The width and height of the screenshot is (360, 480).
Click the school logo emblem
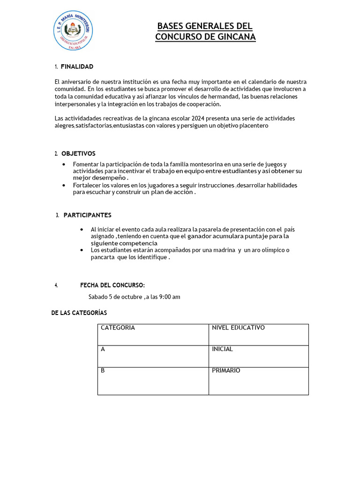[72, 31]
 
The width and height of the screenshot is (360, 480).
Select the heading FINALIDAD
[77, 67]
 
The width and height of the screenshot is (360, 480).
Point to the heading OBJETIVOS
[78, 153]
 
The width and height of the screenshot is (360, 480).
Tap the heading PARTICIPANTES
[87, 215]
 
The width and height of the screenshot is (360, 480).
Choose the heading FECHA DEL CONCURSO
[112, 285]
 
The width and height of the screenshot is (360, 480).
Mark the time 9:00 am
[170, 297]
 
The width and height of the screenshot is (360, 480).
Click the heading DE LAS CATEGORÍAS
[79, 313]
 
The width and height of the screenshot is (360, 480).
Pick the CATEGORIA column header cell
[153, 335]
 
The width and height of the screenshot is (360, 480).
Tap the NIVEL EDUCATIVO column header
[258, 335]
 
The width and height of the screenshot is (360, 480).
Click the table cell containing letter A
[153, 356]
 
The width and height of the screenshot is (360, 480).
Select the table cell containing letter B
[153, 381]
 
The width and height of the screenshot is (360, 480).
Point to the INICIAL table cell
[258, 356]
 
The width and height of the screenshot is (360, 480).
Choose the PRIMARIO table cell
[258, 381]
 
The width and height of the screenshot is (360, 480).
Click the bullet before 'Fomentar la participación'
[64, 165]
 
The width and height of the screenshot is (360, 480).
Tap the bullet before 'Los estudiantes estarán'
[82, 250]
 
